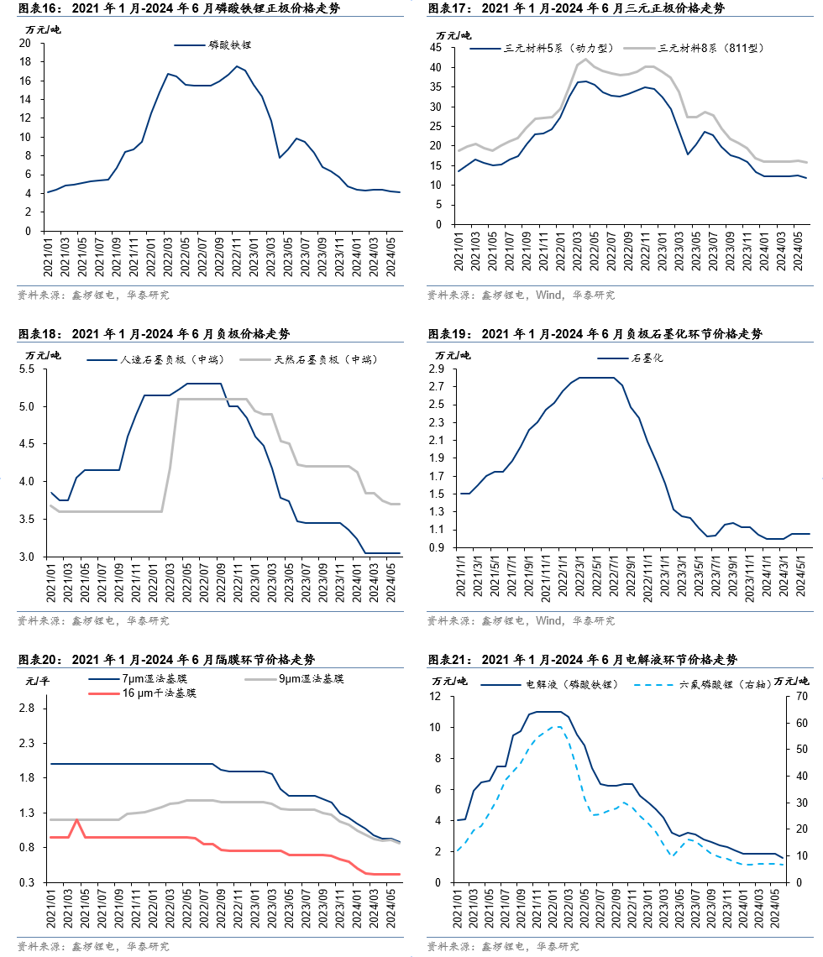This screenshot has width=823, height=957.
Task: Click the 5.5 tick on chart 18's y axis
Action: tap(25, 369)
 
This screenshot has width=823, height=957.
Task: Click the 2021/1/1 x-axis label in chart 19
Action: tap(460, 578)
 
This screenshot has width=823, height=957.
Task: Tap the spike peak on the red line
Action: tap(76, 819)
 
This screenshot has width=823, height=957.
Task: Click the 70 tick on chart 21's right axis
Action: tap(800, 696)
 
